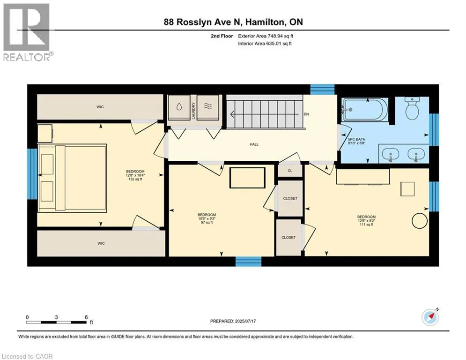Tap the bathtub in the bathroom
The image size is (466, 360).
[365, 110]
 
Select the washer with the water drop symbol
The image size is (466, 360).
[179, 107]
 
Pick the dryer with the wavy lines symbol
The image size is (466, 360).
[208, 107]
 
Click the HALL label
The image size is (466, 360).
[254, 144]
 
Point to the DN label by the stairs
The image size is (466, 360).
[306, 114]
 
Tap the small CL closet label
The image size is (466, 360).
[290, 171]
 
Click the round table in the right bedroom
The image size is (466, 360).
[420, 221]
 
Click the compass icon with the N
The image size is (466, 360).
[430, 317]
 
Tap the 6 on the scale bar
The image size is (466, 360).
[87, 317]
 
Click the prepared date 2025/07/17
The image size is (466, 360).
[245, 321]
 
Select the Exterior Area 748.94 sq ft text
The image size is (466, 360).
[266, 36]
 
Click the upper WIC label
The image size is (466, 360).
[100, 107]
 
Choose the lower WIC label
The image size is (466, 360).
[101, 243]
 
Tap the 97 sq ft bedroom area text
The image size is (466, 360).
[207, 223]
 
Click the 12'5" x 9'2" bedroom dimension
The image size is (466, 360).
[366, 221]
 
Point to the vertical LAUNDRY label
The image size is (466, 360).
[193, 111]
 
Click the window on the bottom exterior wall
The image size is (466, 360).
[248, 262]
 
